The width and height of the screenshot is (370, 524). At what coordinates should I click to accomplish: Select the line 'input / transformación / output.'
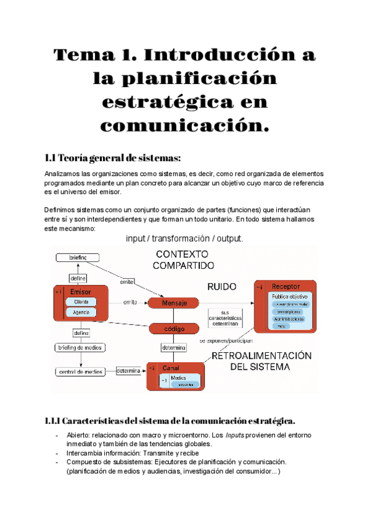(185, 239)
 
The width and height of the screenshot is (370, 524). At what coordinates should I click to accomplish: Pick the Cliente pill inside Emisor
(81, 302)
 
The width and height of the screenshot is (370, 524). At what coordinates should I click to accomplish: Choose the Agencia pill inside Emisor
(81, 313)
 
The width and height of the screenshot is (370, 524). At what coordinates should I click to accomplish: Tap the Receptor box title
(286, 287)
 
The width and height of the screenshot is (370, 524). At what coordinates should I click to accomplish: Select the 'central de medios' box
(80, 371)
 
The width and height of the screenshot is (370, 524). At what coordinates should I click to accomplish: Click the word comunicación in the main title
(185, 125)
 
